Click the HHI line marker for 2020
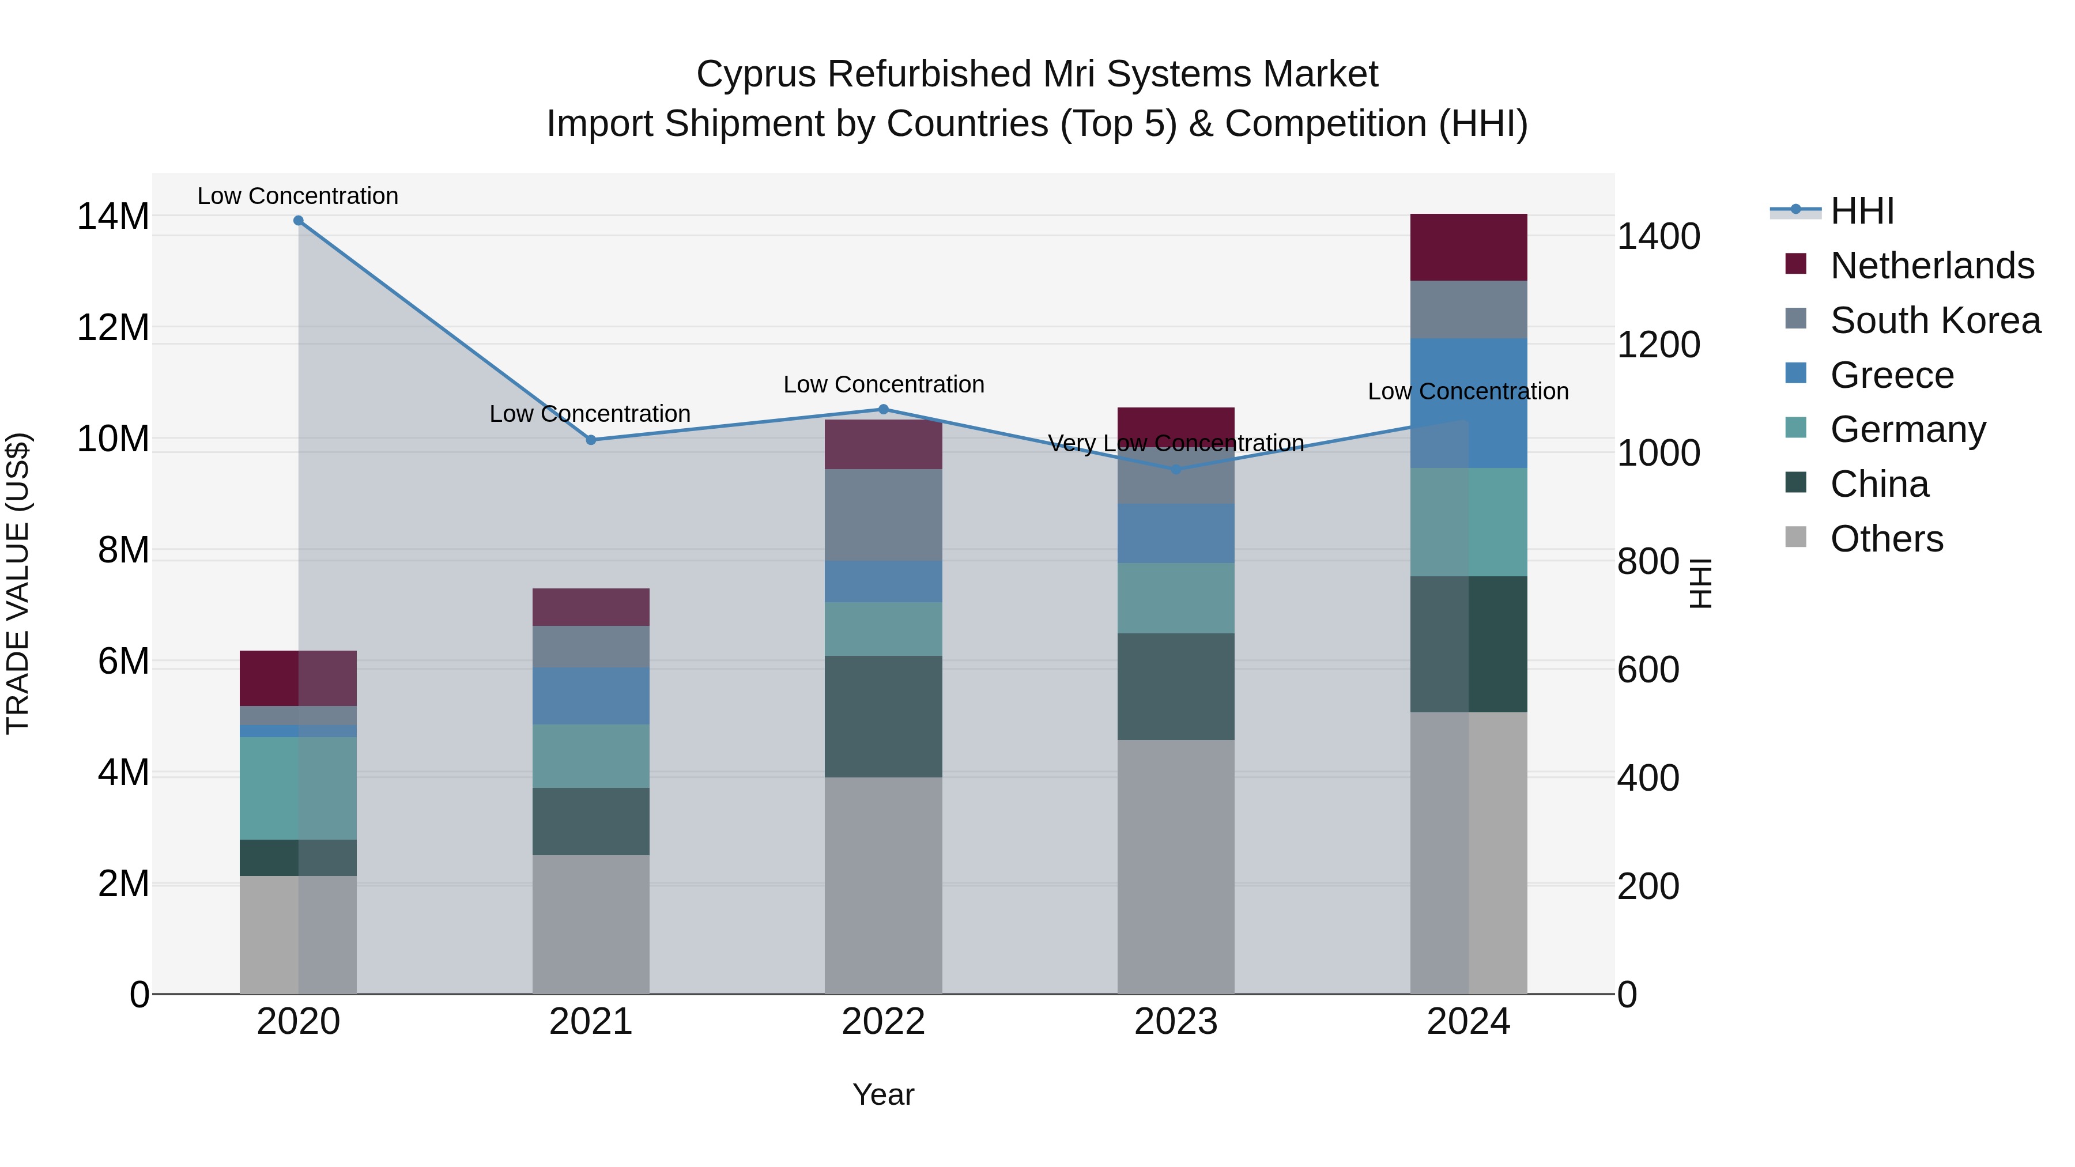coord(298,221)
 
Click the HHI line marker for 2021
coord(590,440)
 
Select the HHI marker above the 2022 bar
coord(883,410)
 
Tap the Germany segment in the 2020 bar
coord(298,788)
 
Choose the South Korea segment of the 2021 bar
coord(590,646)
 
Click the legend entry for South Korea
coord(1935,320)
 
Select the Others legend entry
coord(1886,539)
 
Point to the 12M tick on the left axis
coord(113,328)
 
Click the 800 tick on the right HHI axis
coord(1648,562)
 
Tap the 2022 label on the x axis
coord(883,1022)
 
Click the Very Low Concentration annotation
coord(1175,444)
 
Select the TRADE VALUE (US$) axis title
coord(18,583)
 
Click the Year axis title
coord(883,1094)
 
